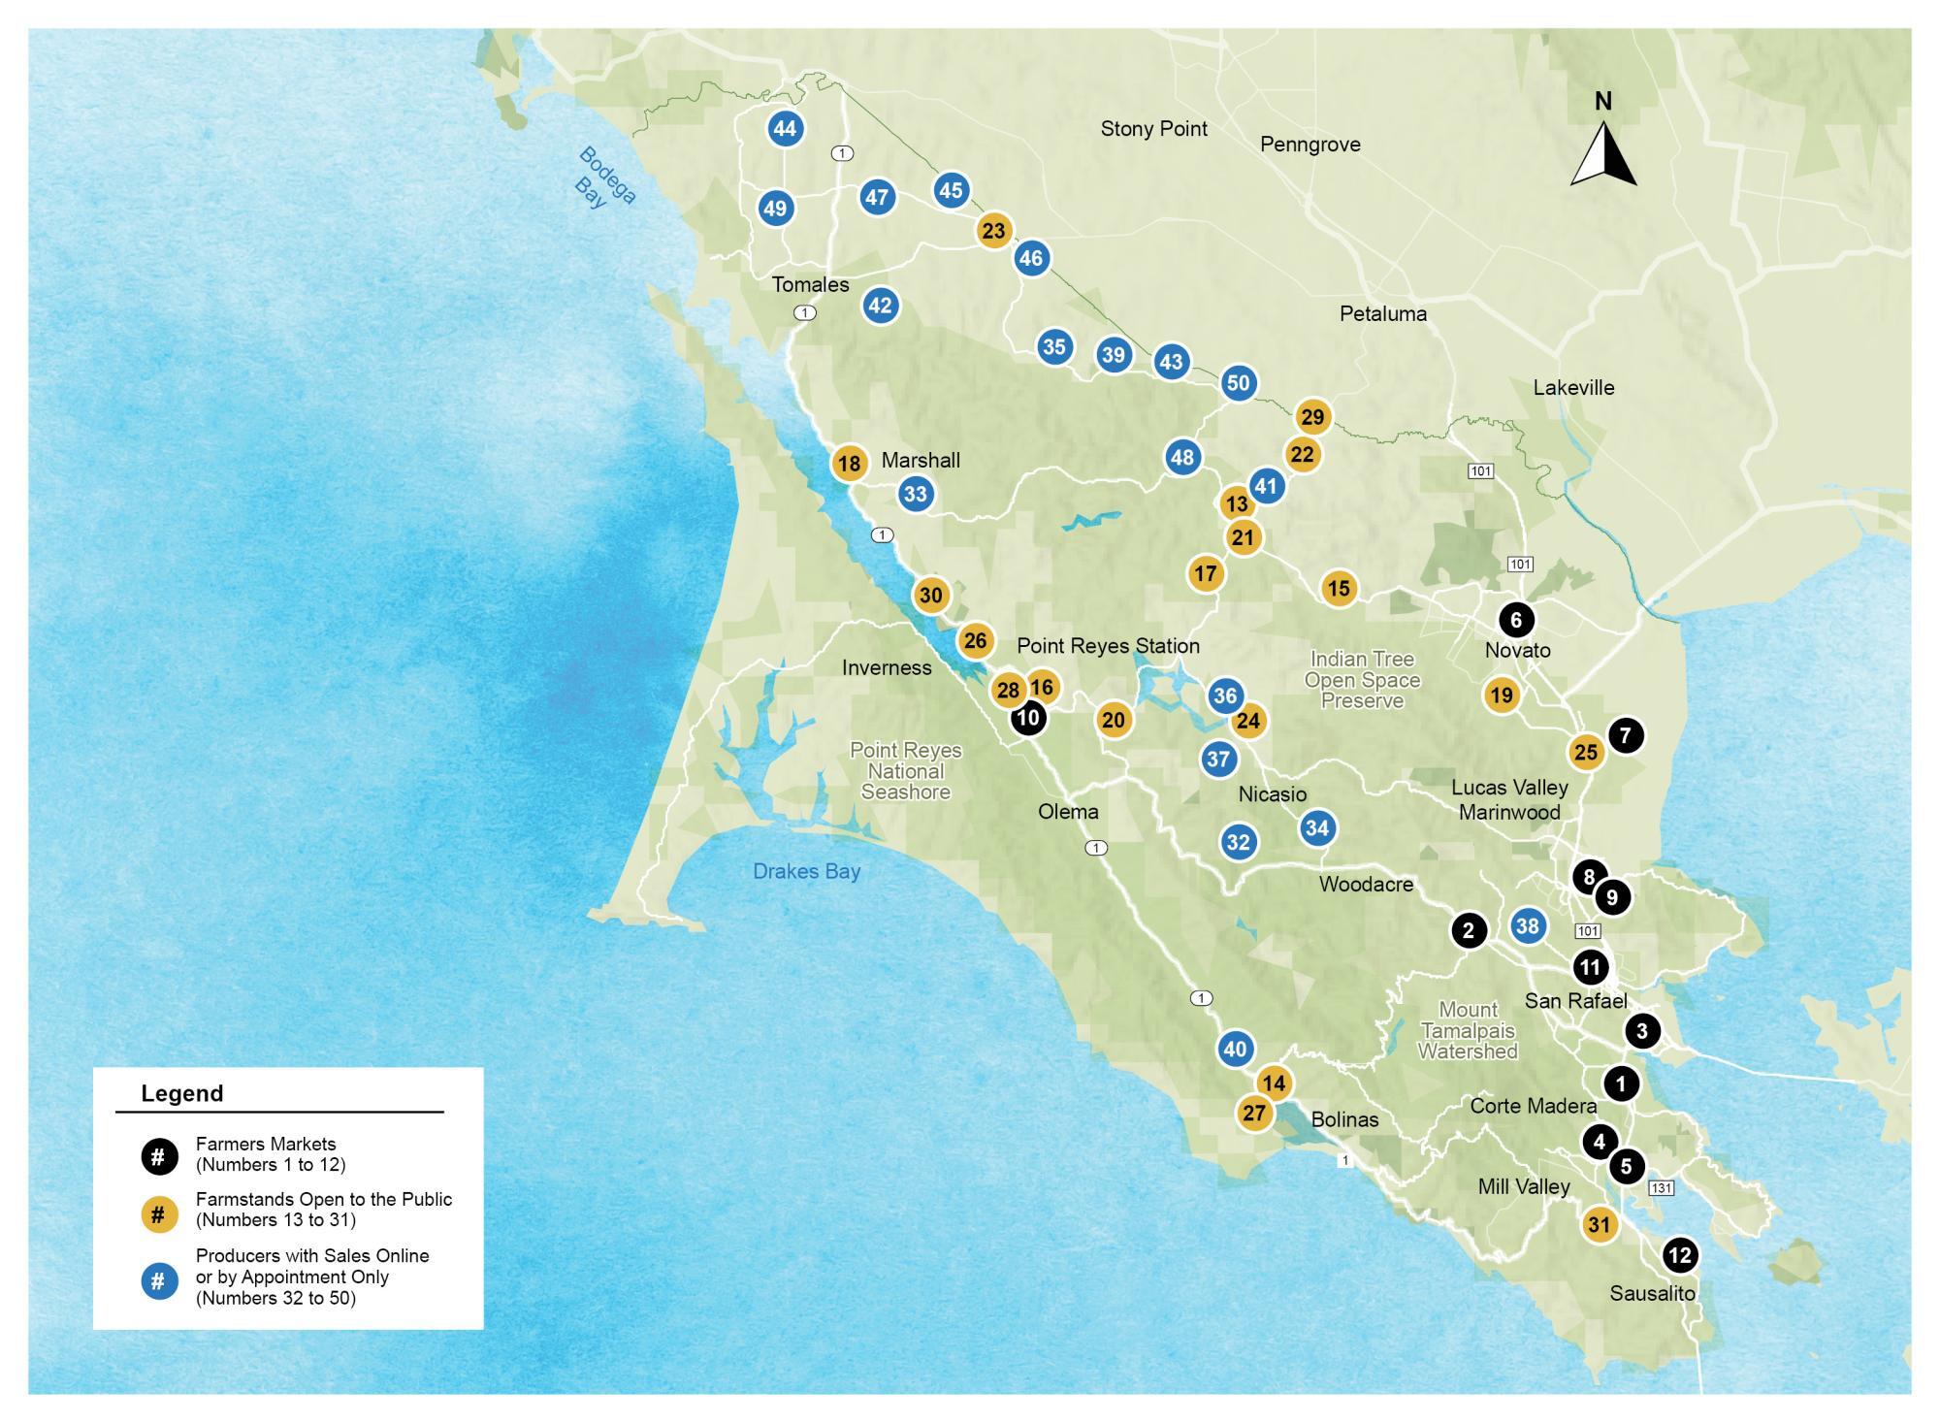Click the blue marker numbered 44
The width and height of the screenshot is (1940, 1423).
pos(785,128)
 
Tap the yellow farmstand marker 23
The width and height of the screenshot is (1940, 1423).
pos(993,231)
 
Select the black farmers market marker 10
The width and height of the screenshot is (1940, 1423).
pos(1027,718)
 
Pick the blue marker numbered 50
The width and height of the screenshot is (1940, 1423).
pos(1238,382)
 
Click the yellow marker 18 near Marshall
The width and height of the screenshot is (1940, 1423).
pos(849,464)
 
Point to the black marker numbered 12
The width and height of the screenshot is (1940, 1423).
pos(1679,1255)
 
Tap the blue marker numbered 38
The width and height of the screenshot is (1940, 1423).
pos(1528,925)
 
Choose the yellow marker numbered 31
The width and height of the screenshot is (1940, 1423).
pos(1599,1225)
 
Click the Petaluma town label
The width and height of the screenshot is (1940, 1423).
pos(1382,313)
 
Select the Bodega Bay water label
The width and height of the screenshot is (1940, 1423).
pos(606,178)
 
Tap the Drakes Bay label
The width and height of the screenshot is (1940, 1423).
pos(806,871)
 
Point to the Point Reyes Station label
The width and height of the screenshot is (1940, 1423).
pos(1108,645)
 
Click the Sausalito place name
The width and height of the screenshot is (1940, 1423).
pos(1652,1293)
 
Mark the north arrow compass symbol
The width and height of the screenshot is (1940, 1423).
pos(1603,151)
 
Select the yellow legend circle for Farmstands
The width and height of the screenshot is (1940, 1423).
pos(159,1213)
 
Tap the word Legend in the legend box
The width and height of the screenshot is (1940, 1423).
pos(182,1093)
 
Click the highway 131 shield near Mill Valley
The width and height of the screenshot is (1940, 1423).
pos(1662,1188)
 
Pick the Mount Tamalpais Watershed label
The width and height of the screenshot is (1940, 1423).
pos(1468,1030)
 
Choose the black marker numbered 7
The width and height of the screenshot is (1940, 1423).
pos(1626,735)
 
